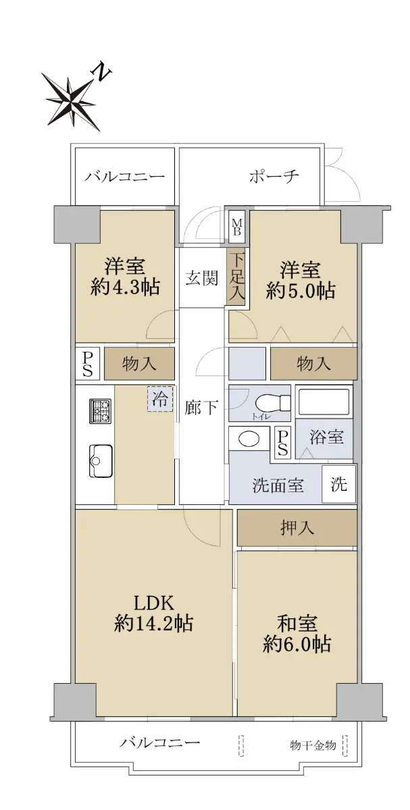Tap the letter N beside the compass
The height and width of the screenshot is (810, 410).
(x=102, y=72)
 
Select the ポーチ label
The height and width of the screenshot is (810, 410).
(x=274, y=176)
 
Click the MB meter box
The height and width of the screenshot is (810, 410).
(x=236, y=227)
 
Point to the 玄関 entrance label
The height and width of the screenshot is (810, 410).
(x=201, y=278)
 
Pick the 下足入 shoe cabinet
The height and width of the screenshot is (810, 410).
(x=236, y=276)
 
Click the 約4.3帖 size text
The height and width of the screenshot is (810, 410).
(x=125, y=287)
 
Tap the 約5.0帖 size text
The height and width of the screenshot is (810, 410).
(x=300, y=290)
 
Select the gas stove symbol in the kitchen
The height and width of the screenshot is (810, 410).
(x=101, y=411)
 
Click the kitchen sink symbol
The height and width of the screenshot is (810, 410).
(x=101, y=460)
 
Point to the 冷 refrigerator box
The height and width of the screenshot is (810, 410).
(x=160, y=399)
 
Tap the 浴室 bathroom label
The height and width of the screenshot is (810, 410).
(x=326, y=437)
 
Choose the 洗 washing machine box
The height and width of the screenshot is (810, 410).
(x=338, y=484)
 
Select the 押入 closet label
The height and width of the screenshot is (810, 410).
(x=297, y=529)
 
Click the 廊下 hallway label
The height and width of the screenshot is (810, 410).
(x=201, y=408)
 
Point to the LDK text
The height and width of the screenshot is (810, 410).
(x=155, y=603)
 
